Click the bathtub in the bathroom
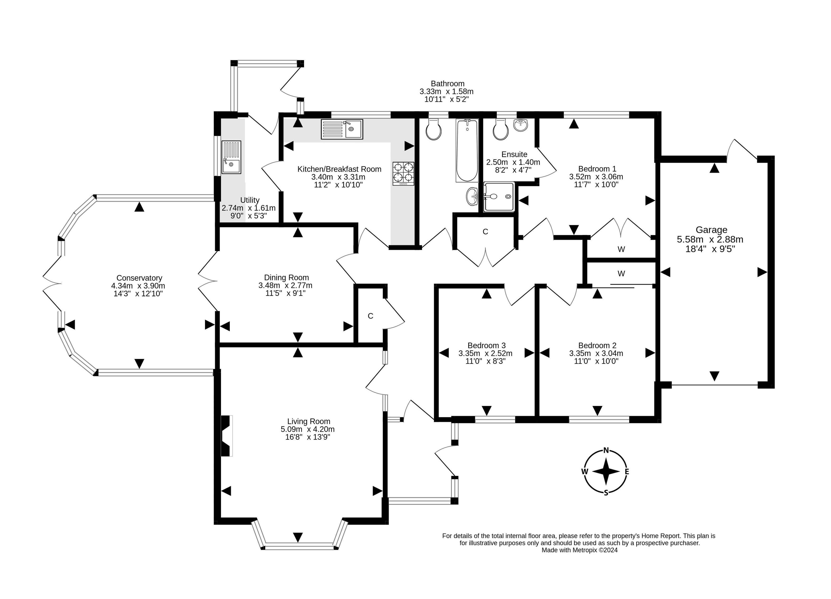[x=467, y=150]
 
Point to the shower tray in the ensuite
[x=499, y=197]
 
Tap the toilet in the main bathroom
[x=434, y=130]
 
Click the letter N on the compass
[x=606, y=451]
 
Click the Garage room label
[x=711, y=230]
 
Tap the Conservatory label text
[x=139, y=278]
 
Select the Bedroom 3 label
[x=487, y=345]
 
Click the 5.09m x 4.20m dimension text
[x=307, y=429]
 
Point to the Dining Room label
[x=286, y=277]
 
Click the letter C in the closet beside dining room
[x=371, y=316]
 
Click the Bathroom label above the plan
[x=447, y=84]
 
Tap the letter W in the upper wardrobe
[x=621, y=249]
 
